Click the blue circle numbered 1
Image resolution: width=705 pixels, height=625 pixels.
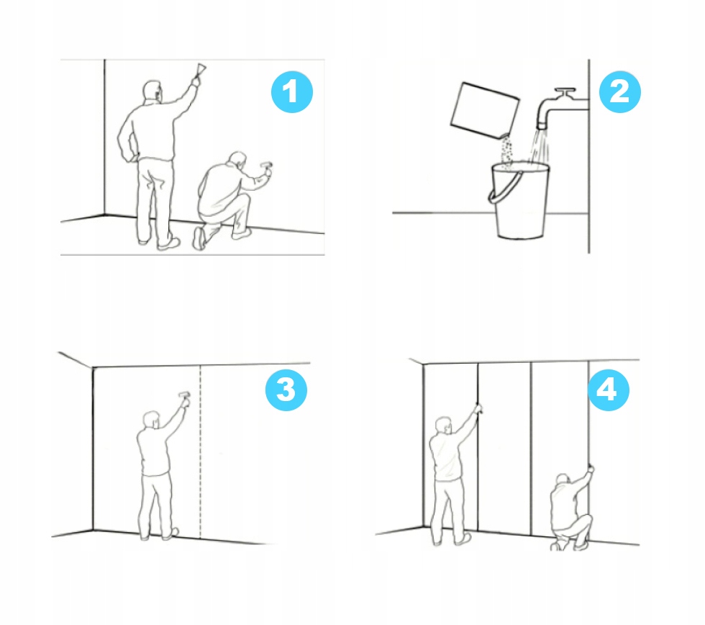click(x=292, y=91)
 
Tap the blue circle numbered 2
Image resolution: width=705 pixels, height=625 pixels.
click(x=619, y=91)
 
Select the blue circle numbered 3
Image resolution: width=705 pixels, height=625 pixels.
click(x=286, y=390)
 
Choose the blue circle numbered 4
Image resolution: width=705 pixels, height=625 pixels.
click(x=609, y=390)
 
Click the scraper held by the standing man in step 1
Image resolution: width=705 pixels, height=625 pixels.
click(x=200, y=71)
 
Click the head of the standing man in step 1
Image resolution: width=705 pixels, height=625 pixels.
click(x=153, y=91)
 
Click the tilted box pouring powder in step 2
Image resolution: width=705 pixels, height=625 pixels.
click(x=485, y=110)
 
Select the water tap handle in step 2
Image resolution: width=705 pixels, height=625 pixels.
click(x=565, y=93)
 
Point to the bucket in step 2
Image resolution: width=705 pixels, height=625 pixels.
click(x=519, y=200)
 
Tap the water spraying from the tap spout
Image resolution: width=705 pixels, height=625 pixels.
click(x=539, y=147)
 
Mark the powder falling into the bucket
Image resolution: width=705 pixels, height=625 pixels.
click(x=506, y=152)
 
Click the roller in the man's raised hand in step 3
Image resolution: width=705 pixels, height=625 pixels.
click(x=184, y=396)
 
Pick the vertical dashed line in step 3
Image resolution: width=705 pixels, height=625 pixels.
click(x=200, y=452)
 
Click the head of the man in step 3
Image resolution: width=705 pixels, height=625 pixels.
click(x=152, y=421)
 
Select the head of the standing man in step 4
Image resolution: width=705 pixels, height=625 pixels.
click(x=444, y=426)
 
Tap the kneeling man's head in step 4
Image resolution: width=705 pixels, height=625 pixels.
click(x=563, y=480)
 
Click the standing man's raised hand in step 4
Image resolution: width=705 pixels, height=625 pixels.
click(x=478, y=408)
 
